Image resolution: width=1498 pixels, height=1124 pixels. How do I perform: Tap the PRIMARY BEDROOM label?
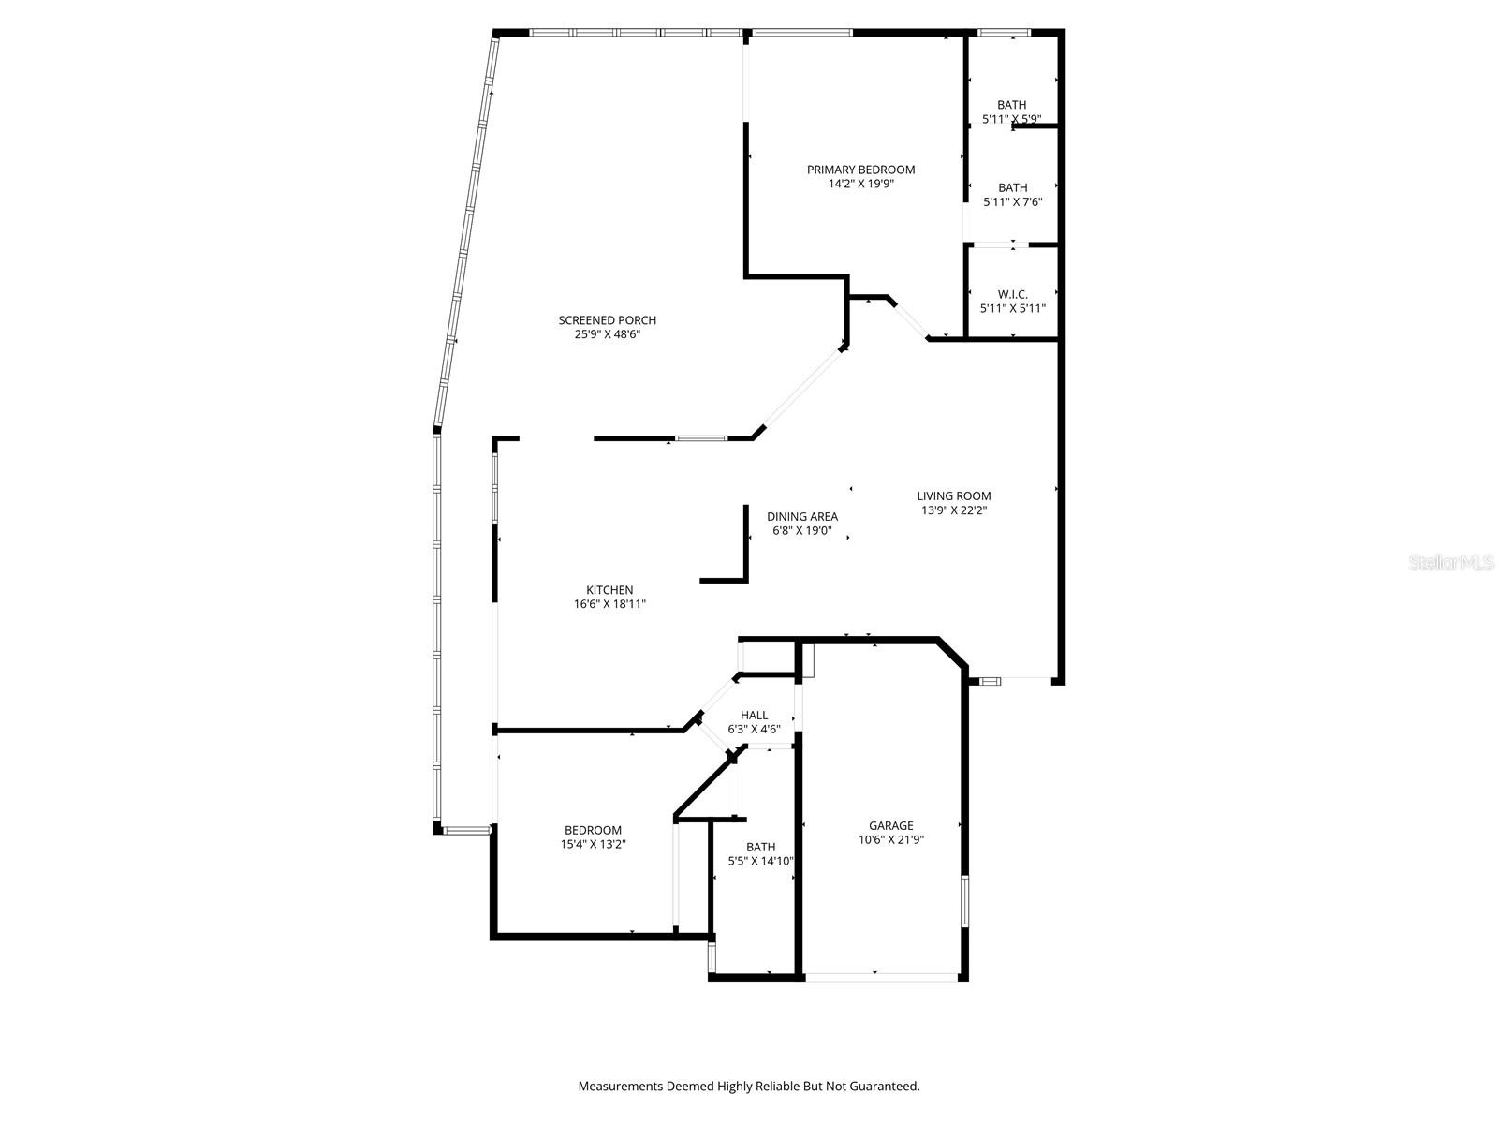[861, 170]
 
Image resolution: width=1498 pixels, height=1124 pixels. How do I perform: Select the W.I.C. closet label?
[1012, 294]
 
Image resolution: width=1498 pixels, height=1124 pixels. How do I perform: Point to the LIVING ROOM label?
[954, 496]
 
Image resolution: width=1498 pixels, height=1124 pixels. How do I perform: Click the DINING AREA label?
[802, 516]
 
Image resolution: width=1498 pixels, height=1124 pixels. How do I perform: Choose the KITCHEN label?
[609, 590]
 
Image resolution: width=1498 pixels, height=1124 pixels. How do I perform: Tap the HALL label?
[754, 716]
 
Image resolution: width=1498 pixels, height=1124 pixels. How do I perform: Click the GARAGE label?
[890, 825]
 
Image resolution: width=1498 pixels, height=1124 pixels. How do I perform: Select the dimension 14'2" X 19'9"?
[861, 185]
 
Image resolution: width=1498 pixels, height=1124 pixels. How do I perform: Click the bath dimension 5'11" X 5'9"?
[1011, 120]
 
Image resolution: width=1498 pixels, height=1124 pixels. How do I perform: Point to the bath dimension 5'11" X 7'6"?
[1012, 202]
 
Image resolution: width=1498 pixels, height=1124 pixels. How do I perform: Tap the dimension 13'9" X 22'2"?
[954, 511]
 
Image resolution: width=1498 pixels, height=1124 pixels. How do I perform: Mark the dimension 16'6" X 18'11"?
[609, 605]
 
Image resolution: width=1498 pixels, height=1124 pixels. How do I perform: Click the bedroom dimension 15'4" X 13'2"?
[593, 845]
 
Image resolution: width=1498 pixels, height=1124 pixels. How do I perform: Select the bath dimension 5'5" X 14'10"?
[760, 862]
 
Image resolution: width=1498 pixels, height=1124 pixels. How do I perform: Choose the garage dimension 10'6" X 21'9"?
[890, 840]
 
